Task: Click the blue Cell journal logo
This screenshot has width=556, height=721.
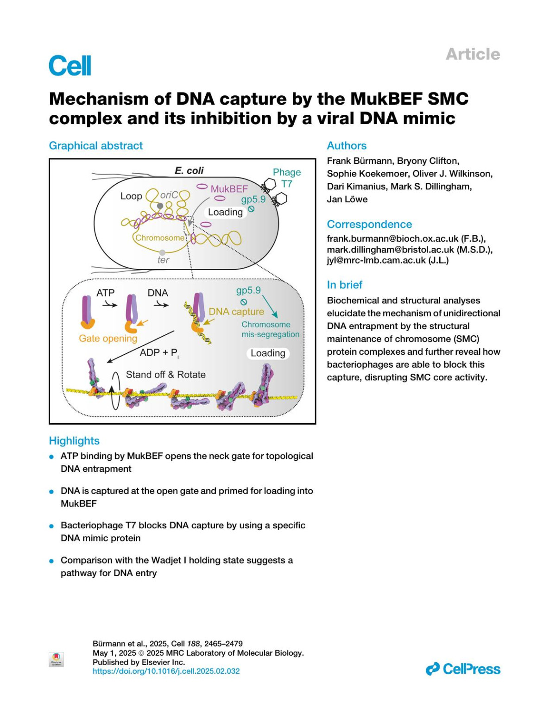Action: pos(70,65)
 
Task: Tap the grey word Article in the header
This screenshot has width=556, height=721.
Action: pos(473,54)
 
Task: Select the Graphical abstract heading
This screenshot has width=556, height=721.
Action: pos(96,145)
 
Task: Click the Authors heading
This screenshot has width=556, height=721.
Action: pos(347,145)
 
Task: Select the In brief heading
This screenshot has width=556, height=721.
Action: pos(345,284)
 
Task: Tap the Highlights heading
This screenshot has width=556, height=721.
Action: pos(74,440)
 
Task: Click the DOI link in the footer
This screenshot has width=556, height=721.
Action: pos(166,671)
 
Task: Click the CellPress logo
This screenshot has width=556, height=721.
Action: pos(463,669)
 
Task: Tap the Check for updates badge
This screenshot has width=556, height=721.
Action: pos(56,659)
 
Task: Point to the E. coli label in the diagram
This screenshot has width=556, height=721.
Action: pos(189,170)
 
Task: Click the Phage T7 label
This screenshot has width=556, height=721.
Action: pos(287,178)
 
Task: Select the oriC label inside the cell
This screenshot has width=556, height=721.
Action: pos(169,195)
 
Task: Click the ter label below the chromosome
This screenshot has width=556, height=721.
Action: pos(163,260)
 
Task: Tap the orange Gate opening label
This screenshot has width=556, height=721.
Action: pos(108,338)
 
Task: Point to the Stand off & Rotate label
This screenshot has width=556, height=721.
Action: pos(165,374)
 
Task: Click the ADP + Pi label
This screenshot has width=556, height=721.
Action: pos(159,352)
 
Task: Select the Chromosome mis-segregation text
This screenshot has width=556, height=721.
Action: pos(270,329)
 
